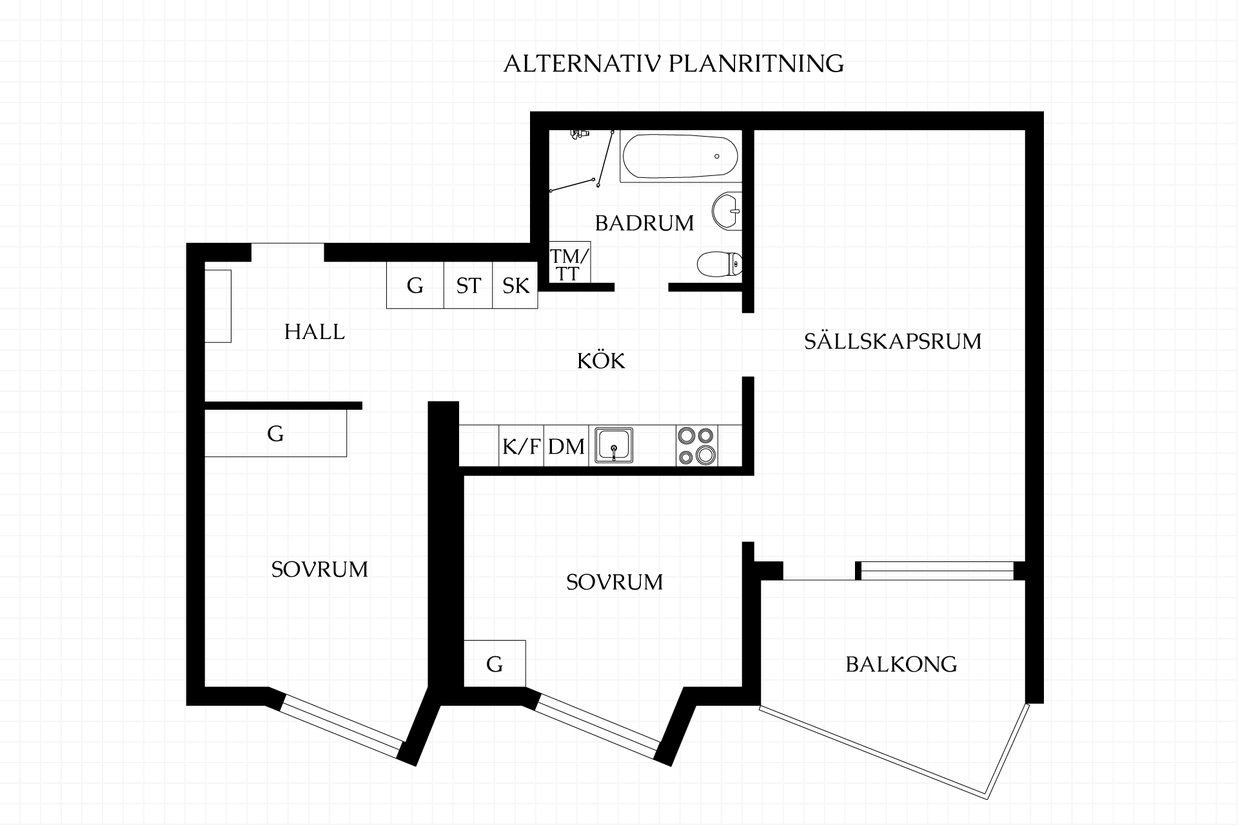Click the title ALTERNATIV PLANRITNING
click(673, 64)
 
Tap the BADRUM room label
click(644, 223)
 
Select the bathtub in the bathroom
click(680, 156)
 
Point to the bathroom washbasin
click(727, 211)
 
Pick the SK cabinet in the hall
click(515, 285)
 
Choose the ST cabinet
click(468, 285)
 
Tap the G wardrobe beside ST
click(415, 285)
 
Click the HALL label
click(315, 332)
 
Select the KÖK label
click(601, 360)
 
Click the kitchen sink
click(614, 445)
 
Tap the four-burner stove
click(697, 445)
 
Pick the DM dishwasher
click(566, 445)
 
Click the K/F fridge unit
click(521, 445)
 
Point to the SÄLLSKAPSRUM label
click(892, 341)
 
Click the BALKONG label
click(901, 664)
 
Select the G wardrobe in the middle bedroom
click(495, 663)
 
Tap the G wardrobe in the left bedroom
click(275, 433)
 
